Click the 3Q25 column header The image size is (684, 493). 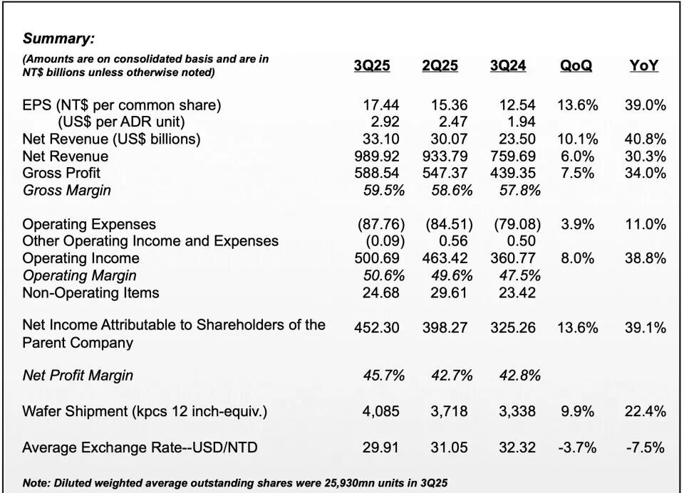[x=372, y=65]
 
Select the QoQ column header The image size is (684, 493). [x=576, y=65]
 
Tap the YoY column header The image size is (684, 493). [x=644, y=65]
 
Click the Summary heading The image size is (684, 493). [x=58, y=38]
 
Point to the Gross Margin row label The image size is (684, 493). [x=66, y=191]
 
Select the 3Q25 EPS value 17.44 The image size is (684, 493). [x=380, y=105]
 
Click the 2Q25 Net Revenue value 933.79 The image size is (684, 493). [x=445, y=156]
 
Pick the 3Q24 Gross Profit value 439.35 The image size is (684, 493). [x=512, y=173]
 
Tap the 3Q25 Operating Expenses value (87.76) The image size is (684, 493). [x=380, y=224]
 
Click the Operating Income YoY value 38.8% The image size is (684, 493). [x=646, y=258]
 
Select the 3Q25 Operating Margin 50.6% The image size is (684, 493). [x=384, y=276]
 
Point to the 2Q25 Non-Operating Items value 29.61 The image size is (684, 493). [x=449, y=292]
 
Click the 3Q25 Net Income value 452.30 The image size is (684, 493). [x=376, y=327]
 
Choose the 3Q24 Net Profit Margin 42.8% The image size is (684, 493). [x=520, y=376]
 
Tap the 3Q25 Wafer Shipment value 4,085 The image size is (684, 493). [x=380, y=411]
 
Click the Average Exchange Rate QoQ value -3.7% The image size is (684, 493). [x=577, y=447]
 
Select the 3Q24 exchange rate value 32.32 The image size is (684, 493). [x=517, y=447]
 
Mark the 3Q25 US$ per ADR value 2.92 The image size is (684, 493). [x=384, y=122]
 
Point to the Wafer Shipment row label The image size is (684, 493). [x=145, y=412]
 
